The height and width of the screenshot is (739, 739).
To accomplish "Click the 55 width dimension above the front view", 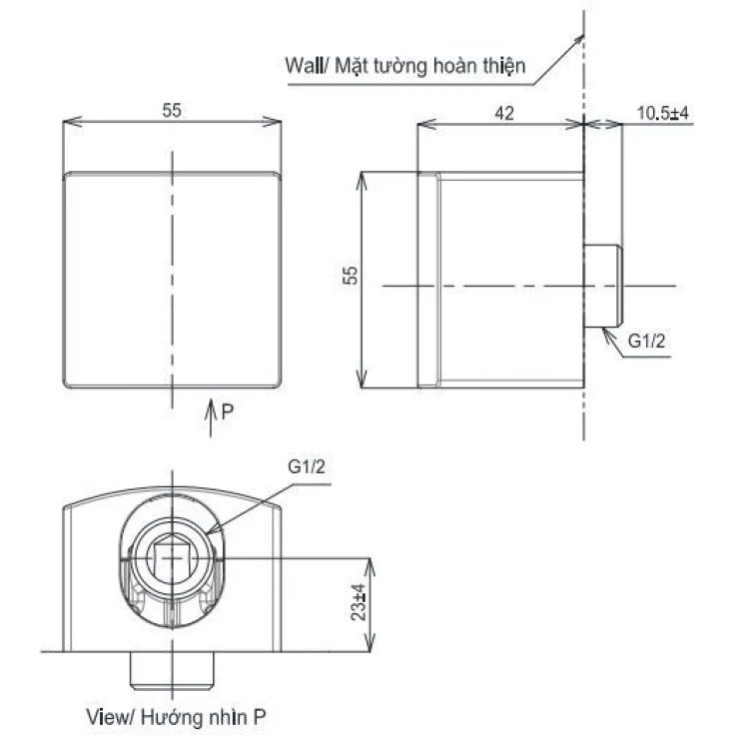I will coord(173,112).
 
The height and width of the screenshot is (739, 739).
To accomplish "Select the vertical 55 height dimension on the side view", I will coord(351,277).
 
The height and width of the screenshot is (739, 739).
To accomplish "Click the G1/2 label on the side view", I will coord(647,343).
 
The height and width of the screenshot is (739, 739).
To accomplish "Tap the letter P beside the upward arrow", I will coord(228,409).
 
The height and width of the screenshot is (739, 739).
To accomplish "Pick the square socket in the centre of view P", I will coord(175,555).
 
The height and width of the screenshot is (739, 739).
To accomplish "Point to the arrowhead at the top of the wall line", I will coord(579,38).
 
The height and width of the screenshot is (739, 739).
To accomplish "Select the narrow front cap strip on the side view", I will coord(427,280).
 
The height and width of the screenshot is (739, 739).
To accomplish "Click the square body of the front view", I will coord(173,280).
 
